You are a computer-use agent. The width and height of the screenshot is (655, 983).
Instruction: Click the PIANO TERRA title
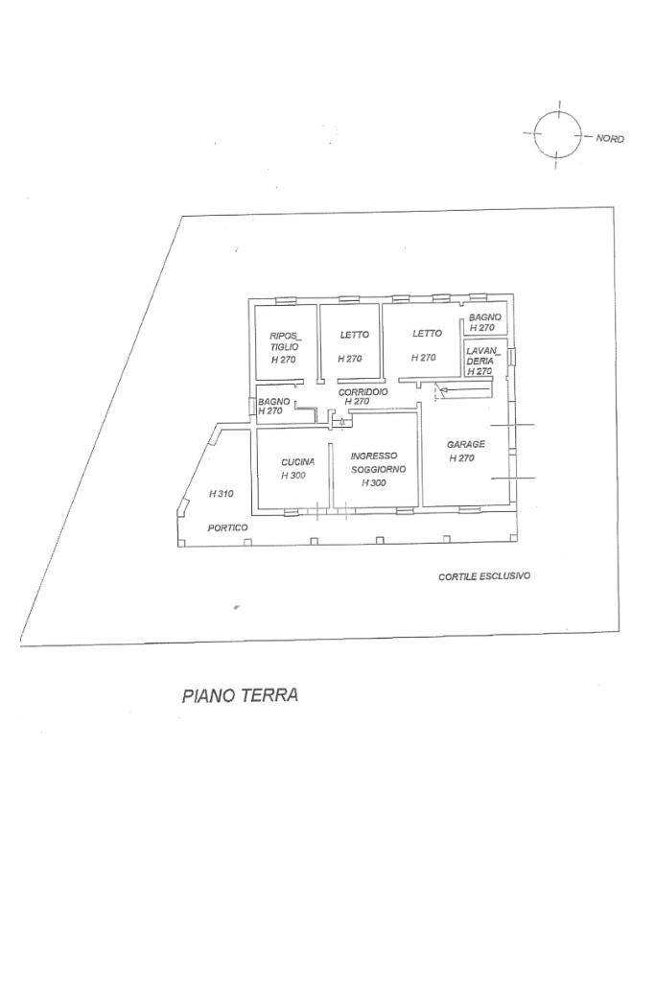240,695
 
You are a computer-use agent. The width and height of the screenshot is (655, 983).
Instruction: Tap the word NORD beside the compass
610,139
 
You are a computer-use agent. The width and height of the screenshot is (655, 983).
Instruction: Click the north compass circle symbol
557,134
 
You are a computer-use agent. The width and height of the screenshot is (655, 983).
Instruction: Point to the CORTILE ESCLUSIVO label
484,576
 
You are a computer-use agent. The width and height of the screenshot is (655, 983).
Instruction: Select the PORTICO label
228,528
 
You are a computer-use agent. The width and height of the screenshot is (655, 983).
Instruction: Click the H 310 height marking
222,494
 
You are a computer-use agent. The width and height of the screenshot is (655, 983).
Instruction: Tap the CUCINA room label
297,461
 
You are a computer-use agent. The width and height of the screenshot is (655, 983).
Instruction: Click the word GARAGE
466,444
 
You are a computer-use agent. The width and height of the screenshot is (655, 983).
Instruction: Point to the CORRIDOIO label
363,392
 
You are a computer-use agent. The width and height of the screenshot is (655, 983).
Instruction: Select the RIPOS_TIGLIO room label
285,340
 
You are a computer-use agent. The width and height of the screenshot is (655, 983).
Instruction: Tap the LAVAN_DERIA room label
480,356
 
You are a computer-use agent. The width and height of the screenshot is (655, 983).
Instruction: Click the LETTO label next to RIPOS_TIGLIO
354,335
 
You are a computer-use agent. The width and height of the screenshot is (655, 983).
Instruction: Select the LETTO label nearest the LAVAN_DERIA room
427,334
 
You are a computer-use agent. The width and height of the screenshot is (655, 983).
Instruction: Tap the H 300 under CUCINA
293,476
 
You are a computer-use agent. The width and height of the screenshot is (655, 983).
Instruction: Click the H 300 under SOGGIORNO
374,483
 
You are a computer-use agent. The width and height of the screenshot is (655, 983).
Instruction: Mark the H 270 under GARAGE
461,458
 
